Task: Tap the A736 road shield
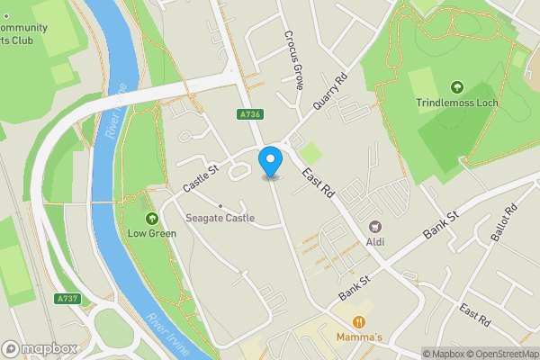click(x=251, y=114)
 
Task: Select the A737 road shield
click(x=67, y=299)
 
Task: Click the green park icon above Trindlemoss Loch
click(x=456, y=87)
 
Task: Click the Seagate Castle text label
click(x=220, y=218)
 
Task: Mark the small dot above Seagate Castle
click(x=220, y=205)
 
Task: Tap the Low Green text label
click(x=150, y=233)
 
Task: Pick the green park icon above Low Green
click(x=150, y=218)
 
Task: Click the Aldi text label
click(x=375, y=242)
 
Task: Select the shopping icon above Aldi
click(x=375, y=227)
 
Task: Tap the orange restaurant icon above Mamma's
click(x=358, y=321)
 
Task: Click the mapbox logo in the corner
click(x=39, y=348)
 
